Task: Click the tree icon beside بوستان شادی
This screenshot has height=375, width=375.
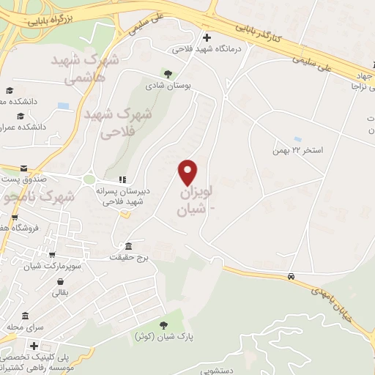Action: [168, 73]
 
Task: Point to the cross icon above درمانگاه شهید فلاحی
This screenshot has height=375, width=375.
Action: [207, 37]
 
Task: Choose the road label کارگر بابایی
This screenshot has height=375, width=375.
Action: [264, 34]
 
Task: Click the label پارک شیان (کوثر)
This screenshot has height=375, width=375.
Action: [157, 336]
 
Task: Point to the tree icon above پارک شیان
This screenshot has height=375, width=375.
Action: [163, 324]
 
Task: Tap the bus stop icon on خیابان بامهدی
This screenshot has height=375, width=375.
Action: [292, 276]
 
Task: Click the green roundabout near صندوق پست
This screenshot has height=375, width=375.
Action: [89, 179]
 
